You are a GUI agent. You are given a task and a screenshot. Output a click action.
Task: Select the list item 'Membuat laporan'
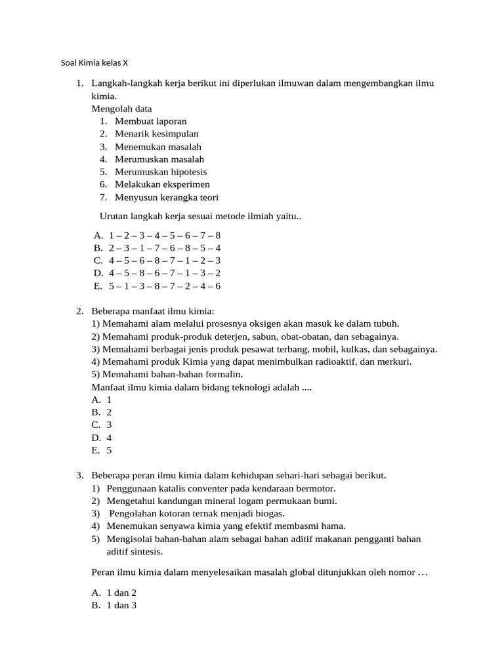pos(150,121)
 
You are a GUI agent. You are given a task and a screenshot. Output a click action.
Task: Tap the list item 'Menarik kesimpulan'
pos(156,134)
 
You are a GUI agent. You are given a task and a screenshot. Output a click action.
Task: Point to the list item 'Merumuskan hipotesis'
pos(161,172)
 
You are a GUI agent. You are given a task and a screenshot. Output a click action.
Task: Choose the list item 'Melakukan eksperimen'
pos(162,184)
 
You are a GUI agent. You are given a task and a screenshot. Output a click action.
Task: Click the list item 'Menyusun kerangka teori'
pos(167,198)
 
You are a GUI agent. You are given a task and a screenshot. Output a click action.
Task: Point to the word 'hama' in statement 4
pos(334,526)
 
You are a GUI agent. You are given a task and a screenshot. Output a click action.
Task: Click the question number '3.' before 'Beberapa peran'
pos(80,475)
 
